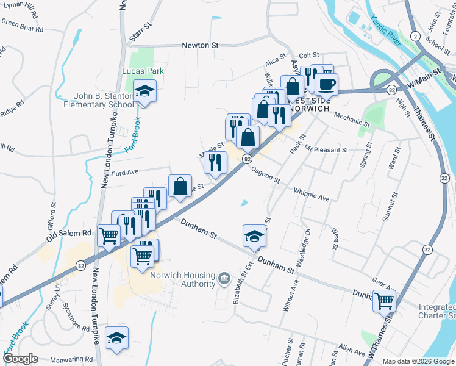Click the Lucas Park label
click(x=143, y=71)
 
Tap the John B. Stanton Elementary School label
click(x=98, y=100)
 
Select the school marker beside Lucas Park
click(x=144, y=92)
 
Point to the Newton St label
click(x=201, y=45)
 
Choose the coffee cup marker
click(x=327, y=84)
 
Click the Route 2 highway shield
click(x=414, y=37)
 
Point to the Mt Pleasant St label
click(x=326, y=149)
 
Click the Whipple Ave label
click(x=312, y=195)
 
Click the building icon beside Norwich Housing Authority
click(x=224, y=280)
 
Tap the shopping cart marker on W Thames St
click(x=385, y=300)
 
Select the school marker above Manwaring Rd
click(x=116, y=338)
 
